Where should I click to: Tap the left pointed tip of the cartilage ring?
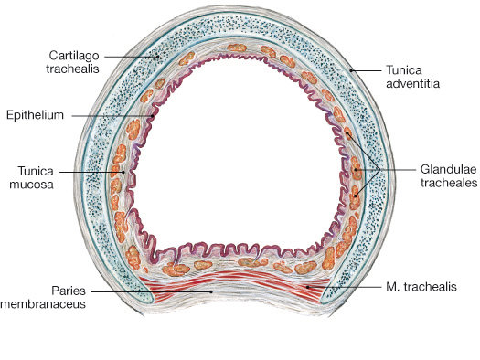[146, 302]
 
